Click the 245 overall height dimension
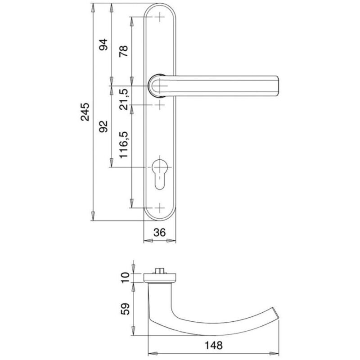(x=85, y=112)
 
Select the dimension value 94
(x=103, y=45)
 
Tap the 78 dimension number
(x=123, y=51)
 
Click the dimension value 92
(x=103, y=126)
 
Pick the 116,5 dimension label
(x=123, y=144)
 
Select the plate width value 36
(x=159, y=233)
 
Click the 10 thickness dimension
(x=126, y=278)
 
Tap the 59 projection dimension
(x=126, y=309)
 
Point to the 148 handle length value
(x=213, y=345)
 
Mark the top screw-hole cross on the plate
(x=160, y=17)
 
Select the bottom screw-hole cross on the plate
(x=160, y=208)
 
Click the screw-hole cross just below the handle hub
(x=160, y=105)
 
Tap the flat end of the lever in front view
(x=278, y=85)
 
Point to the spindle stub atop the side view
(x=160, y=270)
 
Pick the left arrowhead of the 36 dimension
(x=148, y=241)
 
